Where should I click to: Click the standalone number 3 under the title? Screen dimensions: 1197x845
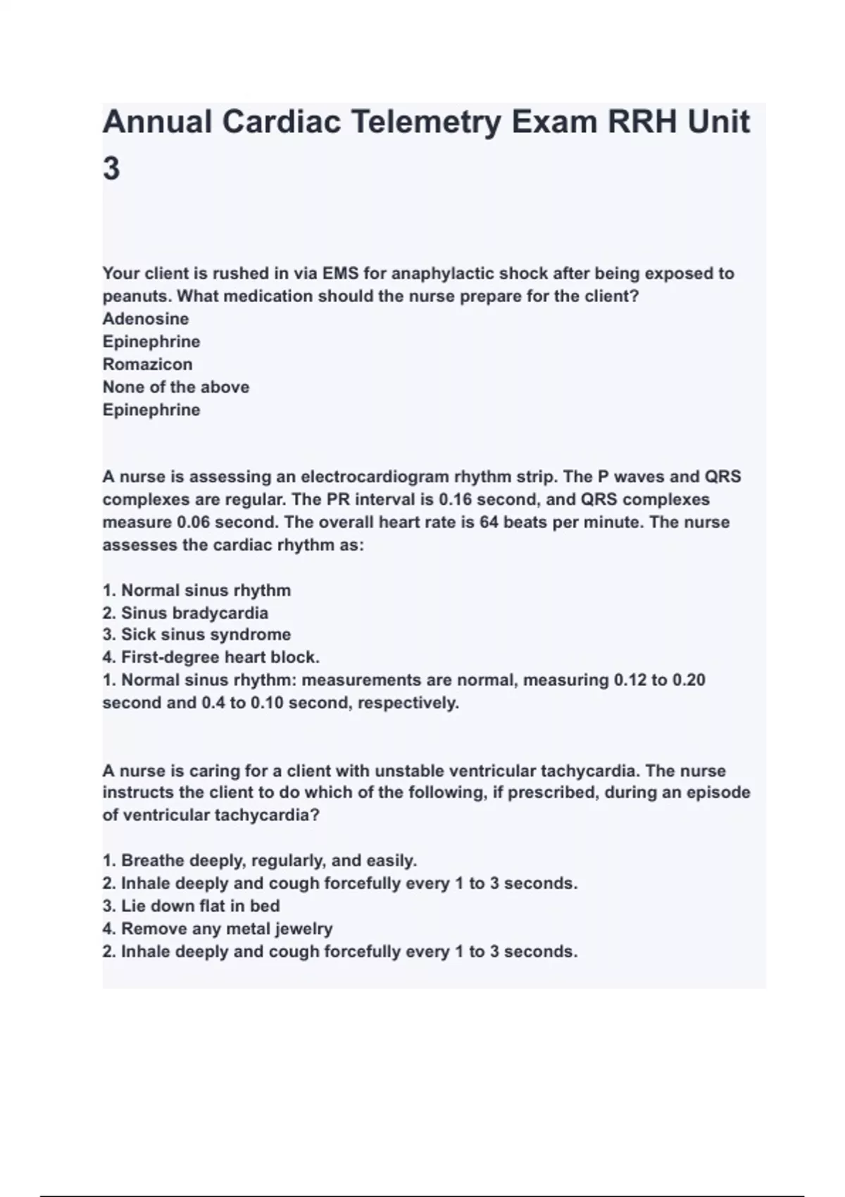[111, 169]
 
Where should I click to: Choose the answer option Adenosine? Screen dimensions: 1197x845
[146, 319]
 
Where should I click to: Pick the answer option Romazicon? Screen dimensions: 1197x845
[147, 364]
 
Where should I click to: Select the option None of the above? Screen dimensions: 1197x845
[176, 387]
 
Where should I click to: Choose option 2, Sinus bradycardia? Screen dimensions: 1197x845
[185, 613]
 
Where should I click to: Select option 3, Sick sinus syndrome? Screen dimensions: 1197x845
[196, 634]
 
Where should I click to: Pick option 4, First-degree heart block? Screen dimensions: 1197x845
[211, 658]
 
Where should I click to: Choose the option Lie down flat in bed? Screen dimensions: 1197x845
[192, 906]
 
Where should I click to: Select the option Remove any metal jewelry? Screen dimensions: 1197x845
[218, 929]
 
